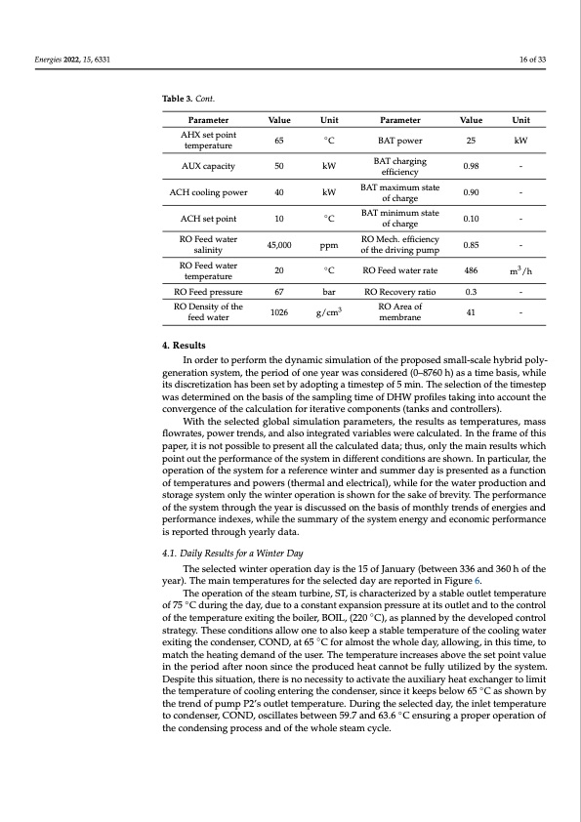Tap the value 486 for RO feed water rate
coord(472,269)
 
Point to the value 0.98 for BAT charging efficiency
coord(472,167)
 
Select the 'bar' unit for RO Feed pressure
coord(329,291)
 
